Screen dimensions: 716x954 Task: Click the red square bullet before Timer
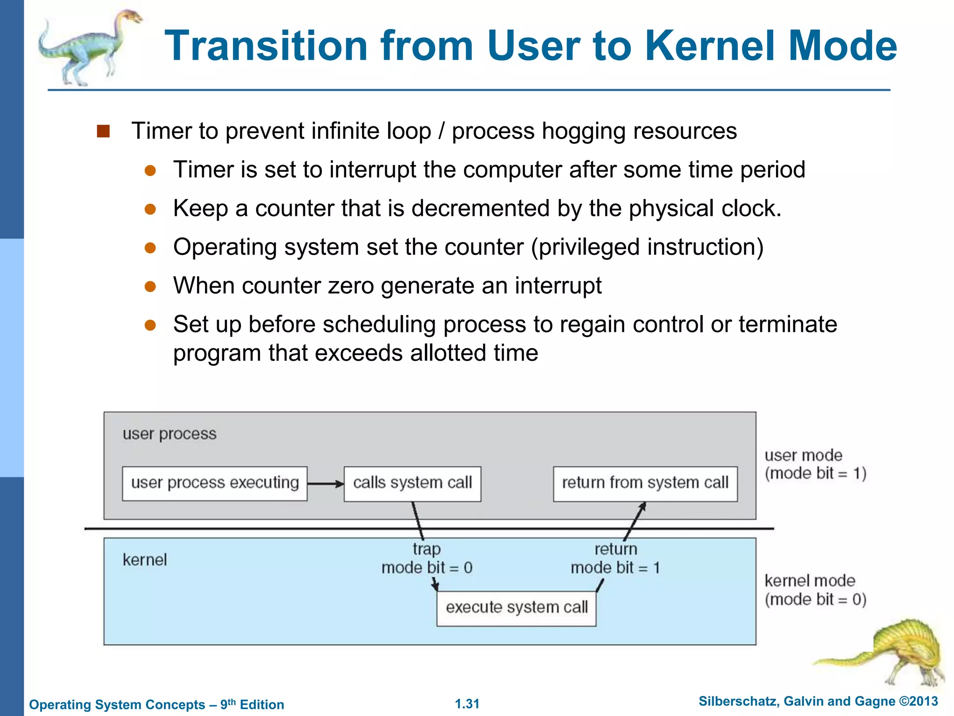click(103, 131)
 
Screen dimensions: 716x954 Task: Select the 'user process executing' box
click(214, 483)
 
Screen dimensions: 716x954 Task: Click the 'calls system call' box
click(412, 483)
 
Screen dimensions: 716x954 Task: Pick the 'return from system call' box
click(645, 483)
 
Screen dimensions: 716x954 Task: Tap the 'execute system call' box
click(516, 608)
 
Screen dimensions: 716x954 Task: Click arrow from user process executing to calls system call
click(325, 484)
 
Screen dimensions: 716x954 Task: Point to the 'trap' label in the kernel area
click(426, 549)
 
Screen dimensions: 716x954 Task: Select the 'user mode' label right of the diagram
click(803, 455)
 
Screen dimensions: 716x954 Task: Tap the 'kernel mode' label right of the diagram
click(810, 581)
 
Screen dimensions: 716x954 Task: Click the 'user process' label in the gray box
click(170, 434)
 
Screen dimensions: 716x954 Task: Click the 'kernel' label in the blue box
click(144, 560)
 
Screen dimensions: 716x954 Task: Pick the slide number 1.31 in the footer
click(467, 704)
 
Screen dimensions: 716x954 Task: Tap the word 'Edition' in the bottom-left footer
click(262, 705)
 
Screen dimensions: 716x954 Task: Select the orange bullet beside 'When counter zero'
click(150, 286)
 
